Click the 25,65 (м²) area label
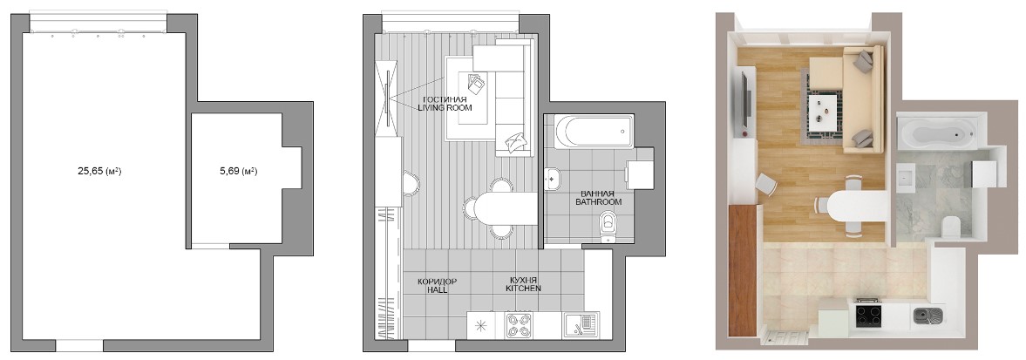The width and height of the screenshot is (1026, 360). coord(101,172)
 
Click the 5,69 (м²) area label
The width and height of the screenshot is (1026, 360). coord(238,172)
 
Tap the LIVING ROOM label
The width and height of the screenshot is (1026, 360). coord(445,108)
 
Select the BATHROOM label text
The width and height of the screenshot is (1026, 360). coord(598,202)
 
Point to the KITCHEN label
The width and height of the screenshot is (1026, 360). coord(524,288)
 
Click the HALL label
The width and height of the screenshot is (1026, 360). coord(437,288)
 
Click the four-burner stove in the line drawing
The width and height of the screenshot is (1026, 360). coord(519,325)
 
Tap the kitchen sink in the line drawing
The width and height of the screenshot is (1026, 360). coord(579,325)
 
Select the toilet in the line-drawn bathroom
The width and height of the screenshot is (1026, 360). coord(608,225)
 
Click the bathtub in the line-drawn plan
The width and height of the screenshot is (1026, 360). coord(594,132)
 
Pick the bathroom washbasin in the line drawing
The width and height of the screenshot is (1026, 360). coord(552,177)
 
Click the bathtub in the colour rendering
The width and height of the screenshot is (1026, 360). coord(937,133)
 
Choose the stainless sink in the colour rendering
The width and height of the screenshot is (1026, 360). coord(929,316)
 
